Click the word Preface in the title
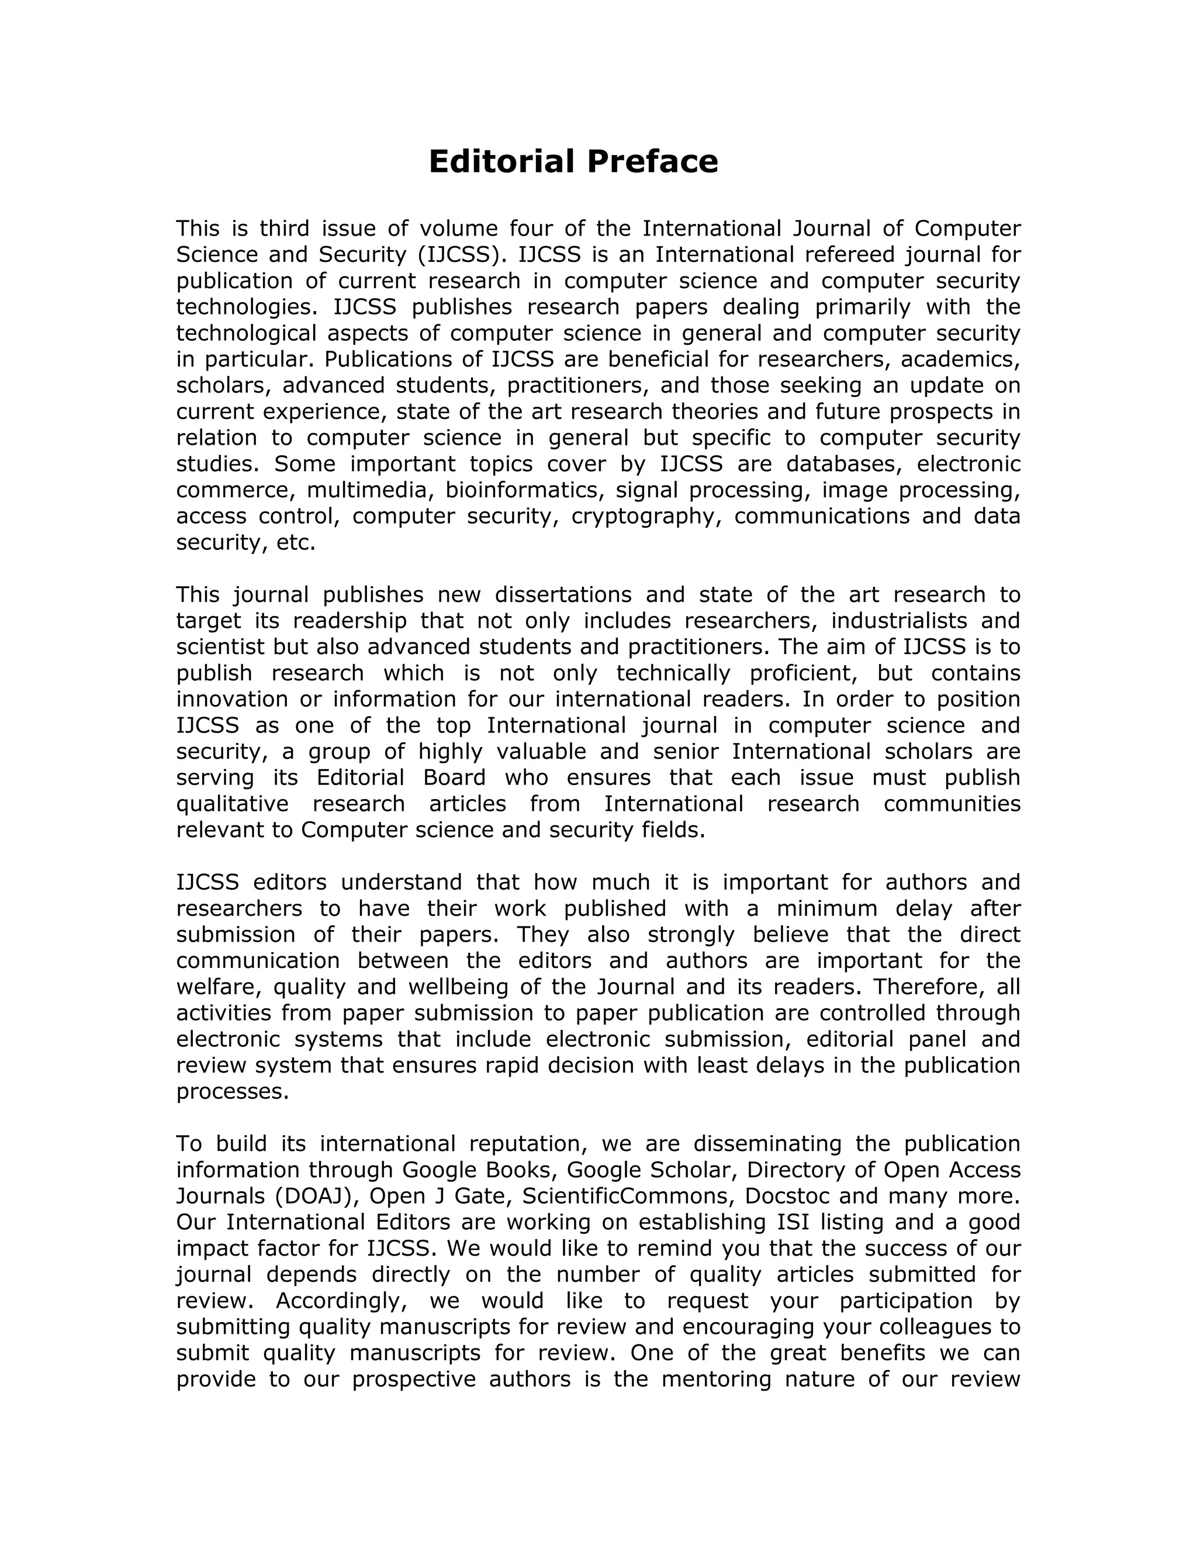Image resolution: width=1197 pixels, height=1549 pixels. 652,162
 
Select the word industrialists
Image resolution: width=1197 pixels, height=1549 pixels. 899,621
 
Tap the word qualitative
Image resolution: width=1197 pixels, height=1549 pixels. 233,804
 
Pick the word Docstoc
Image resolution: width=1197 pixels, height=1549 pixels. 787,1196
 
